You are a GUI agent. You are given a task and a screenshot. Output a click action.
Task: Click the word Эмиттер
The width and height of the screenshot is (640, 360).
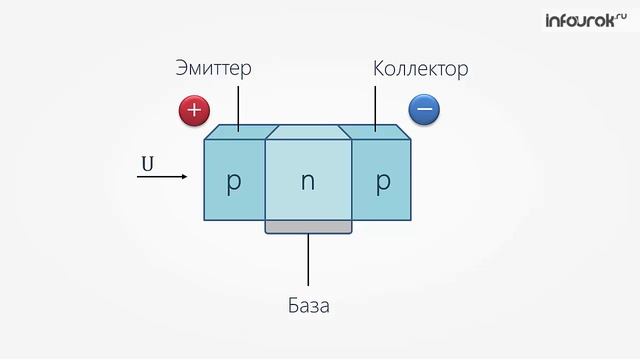pyautogui.click(x=212, y=70)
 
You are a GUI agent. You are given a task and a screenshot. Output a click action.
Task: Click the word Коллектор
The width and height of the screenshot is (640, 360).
pyautogui.click(x=420, y=70)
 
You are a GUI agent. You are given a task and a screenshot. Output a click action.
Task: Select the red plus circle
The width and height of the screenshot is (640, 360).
pyautogui.click(x=193, y=109)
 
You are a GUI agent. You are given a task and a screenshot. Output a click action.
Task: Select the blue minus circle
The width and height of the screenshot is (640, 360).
pyautogui.click(x=424, y=109)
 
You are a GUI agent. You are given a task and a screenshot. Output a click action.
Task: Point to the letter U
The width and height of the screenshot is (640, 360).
pyautogui.click(x=147, y=160)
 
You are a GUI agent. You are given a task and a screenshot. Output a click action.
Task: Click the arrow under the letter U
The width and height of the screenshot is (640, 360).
pyautogui.click(x=162, y=177)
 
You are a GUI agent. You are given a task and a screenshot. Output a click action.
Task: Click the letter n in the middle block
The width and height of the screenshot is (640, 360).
pyautogui.click(x=308, y=183)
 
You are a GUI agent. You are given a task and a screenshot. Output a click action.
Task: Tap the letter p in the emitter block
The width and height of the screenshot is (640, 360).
pyautogui.click(x=234, y=183)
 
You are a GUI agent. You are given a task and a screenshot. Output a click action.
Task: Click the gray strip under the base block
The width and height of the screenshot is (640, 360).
pyautogui.click(x=309, y=227)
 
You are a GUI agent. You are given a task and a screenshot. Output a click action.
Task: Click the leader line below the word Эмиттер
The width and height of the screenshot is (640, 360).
pyautogui.click(x=239, y=105)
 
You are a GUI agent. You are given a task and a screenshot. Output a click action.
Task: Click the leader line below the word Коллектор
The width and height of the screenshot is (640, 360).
pyautogui.click(x=377, y=105)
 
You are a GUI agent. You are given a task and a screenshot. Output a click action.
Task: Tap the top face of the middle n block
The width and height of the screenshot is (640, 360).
pyautogui.click(x=308, y=132)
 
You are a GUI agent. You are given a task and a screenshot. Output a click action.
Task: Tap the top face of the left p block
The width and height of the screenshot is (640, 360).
pyautogui.click(x=237, y=131)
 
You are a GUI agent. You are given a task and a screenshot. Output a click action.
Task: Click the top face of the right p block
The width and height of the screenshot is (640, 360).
pyautogui.click(x=378, y=131)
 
